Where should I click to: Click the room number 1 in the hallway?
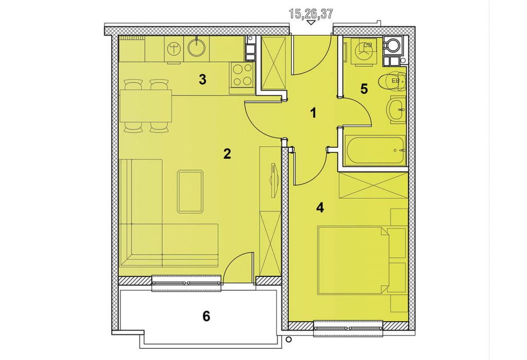point(313,113)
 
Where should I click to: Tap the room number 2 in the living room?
point(227,154)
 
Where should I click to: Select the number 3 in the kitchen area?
point(202,80)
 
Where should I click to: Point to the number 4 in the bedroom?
point(320,208)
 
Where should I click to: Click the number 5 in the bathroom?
point(364,89)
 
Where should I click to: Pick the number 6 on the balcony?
point(206,316)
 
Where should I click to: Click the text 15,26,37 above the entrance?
point(311,14)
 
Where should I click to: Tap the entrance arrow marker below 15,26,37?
point(311,23)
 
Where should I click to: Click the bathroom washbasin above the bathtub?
point(397,109)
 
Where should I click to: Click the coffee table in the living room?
point(190,192)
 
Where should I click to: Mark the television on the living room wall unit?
point(274,180)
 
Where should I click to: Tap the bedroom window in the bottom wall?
point(347,328)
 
